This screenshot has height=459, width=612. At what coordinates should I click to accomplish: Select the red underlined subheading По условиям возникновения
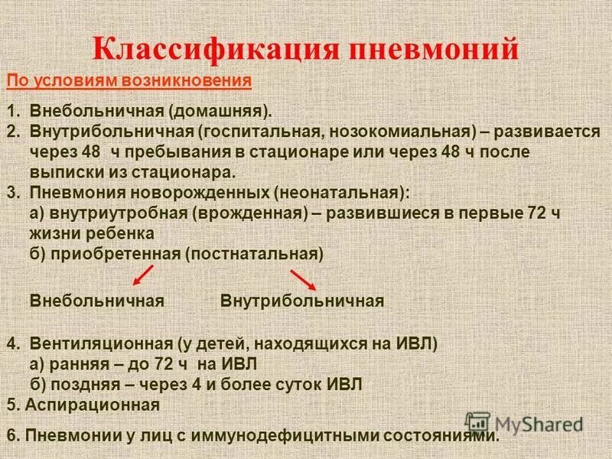(129, 80)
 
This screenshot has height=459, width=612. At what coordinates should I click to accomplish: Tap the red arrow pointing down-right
(301, 278)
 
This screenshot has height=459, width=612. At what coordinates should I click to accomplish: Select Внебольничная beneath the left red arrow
(97, 301)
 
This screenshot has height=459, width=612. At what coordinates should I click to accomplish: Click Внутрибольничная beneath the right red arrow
(301, 301)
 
